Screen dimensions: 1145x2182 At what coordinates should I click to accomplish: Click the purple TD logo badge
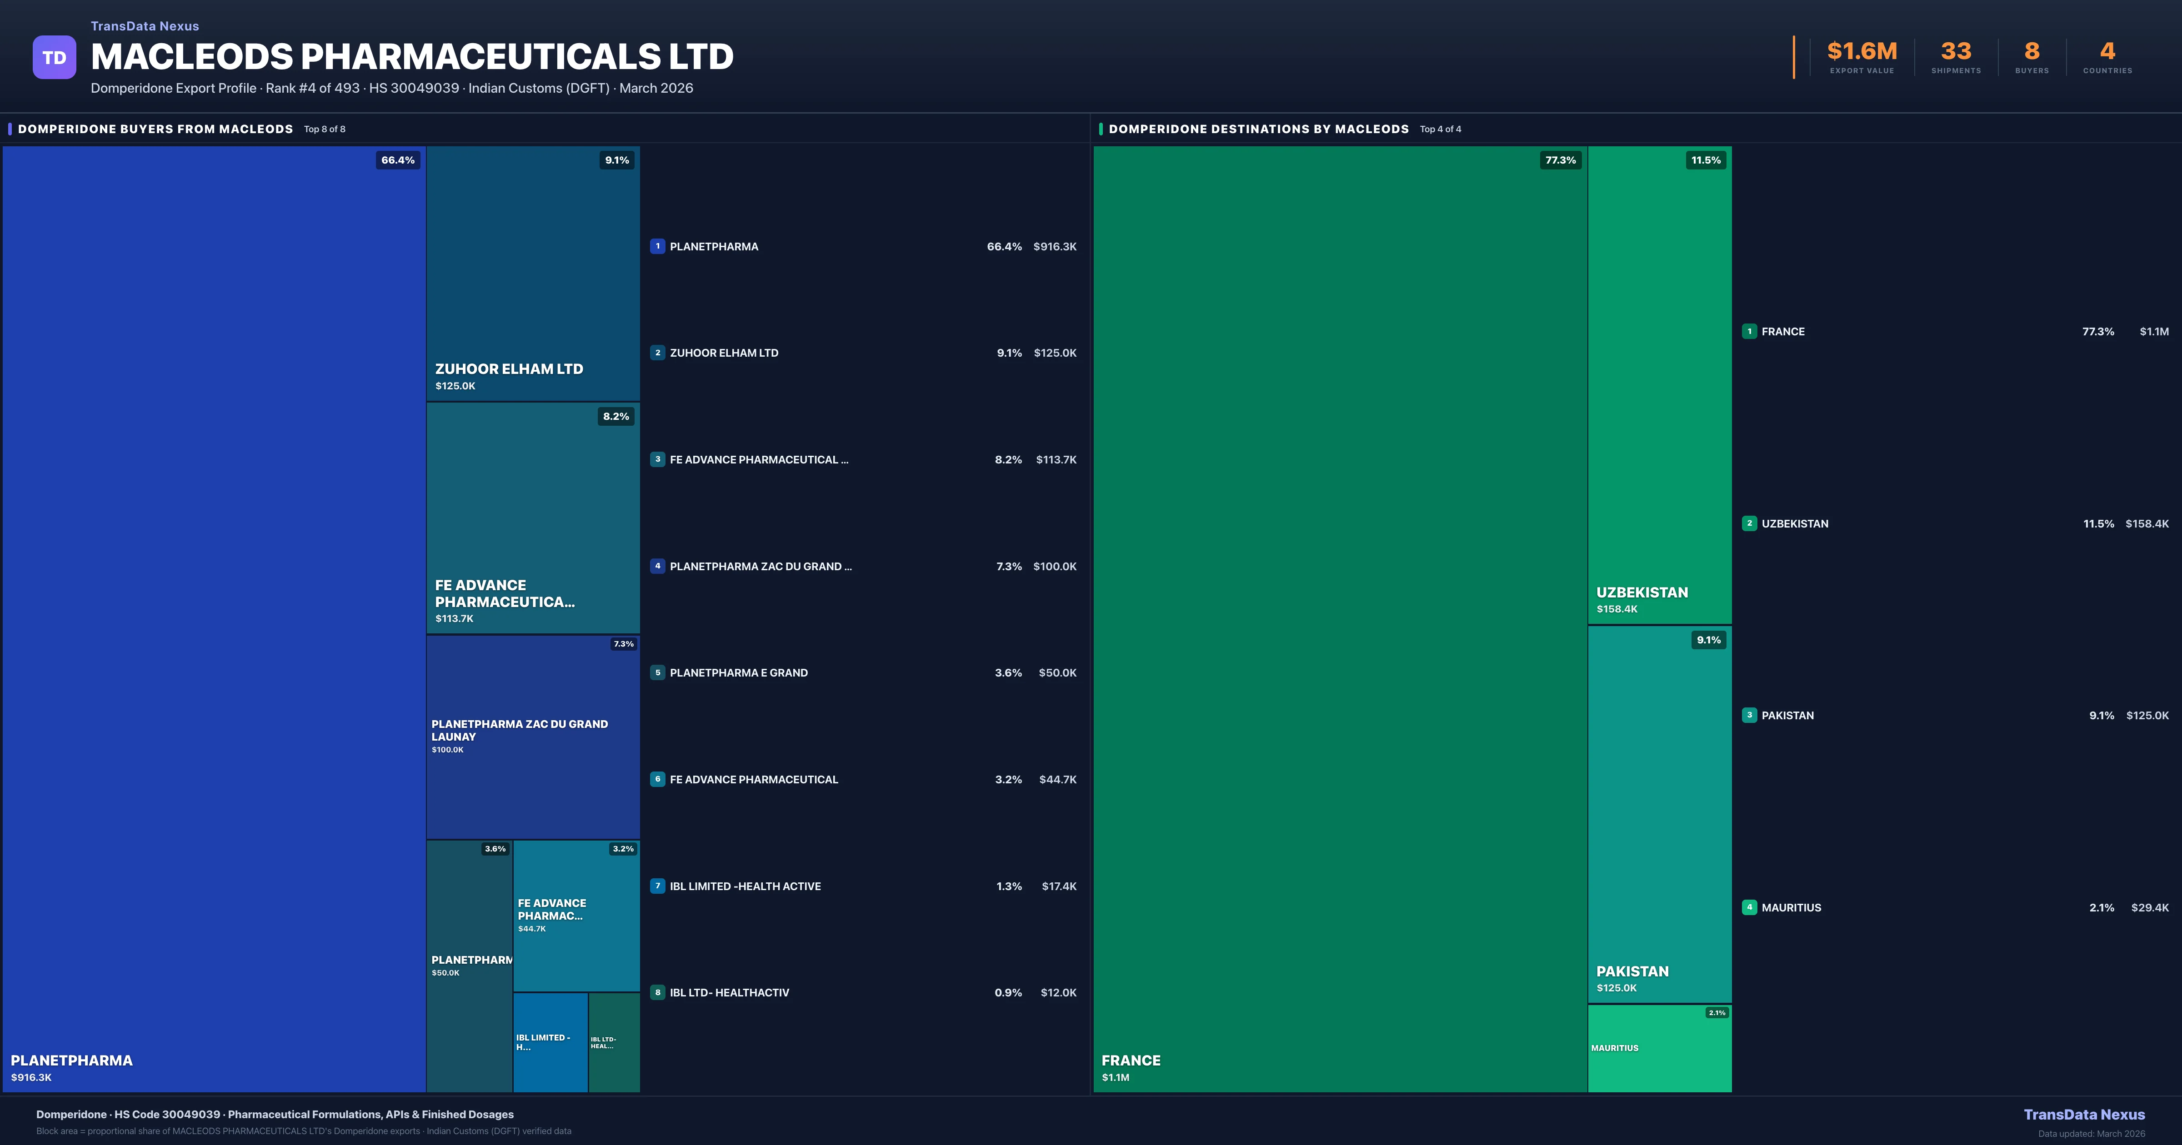click(x=54, y=58)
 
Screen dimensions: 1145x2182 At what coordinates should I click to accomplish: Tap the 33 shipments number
click(x=1955, y=52)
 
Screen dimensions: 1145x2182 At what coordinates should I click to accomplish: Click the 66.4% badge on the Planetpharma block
click(x=397, y=160)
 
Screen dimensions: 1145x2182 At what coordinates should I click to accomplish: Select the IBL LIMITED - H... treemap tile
click(x=550, y=1042)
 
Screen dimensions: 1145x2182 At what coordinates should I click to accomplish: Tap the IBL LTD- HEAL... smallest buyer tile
click(x=613, y=1042)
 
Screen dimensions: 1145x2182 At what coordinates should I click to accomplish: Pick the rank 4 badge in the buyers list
click(x=657, y=566)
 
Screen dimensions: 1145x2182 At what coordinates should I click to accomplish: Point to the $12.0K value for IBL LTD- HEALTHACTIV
click(x=1058, y=992)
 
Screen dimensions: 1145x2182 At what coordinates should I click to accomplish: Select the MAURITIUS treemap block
click(x=1658, y=1049)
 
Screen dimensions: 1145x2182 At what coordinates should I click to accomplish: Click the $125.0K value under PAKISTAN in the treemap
click(x=1616, y=987)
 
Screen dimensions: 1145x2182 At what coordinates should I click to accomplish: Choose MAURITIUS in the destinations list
click(x=1791, y=907)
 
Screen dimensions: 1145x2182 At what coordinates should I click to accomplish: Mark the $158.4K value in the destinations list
click(x=2147, y=523)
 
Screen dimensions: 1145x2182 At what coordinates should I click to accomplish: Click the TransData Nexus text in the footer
click(x=2084, y=1115)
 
